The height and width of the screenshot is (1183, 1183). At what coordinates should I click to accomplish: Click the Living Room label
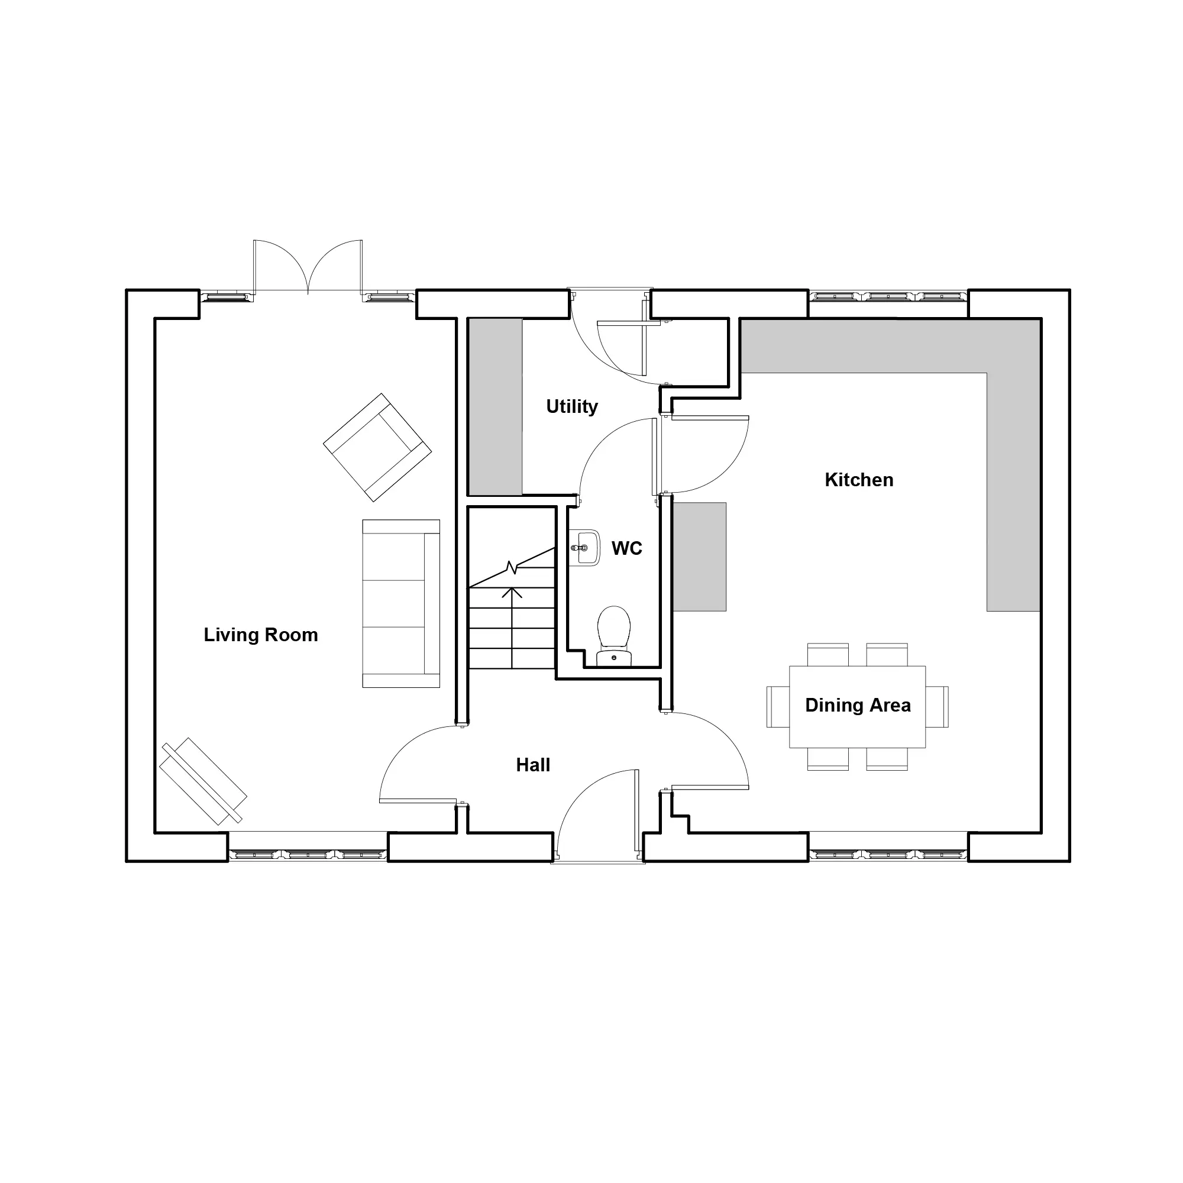[x=261, y=635]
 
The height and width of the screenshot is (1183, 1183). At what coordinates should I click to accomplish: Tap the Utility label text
[x=572, y=406]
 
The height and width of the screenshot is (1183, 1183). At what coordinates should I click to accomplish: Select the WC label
[x=627, y=549]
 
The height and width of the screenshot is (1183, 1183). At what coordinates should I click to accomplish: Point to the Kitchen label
[x=859, y=480]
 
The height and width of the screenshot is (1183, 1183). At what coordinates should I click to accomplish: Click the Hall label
[x=533, y=765]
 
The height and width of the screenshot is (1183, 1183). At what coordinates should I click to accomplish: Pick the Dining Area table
[x=857, y=707]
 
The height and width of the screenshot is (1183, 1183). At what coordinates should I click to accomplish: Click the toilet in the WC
[x=614, y=636]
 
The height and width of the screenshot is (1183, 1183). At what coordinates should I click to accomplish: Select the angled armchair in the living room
[x=377, y=448]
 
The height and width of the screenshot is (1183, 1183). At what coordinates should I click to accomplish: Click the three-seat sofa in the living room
[x=401, y=604]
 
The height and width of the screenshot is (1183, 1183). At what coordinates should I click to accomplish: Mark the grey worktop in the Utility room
[x=495, y=406]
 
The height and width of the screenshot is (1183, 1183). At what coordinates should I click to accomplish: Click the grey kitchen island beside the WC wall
[x=700, y=557]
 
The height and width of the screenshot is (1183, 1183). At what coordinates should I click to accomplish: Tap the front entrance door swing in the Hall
[x=597, y=814]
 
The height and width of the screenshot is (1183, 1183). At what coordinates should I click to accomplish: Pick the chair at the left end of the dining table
[x=778, y=707]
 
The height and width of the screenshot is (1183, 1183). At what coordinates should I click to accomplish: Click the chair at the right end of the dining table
[x=937, y=707]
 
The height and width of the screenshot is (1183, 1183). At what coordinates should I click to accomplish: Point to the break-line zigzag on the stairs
[x=512, y=568]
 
